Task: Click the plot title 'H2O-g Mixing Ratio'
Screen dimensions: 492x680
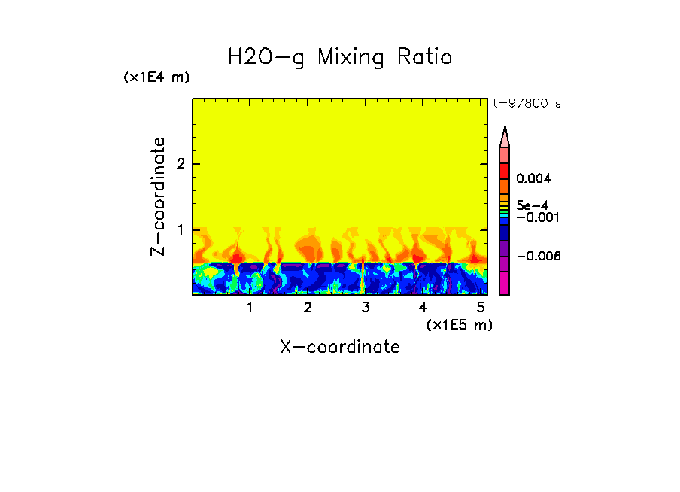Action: [x=340, y=57]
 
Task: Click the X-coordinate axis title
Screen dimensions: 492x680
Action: [x=340, y=347]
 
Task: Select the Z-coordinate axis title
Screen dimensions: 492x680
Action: [x=158, y=196]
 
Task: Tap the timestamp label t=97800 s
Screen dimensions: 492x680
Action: [x=527, y=104]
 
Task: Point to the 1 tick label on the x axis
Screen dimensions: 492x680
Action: [x=250, y=307]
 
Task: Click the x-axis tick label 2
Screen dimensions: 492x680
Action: [x=308, y=307]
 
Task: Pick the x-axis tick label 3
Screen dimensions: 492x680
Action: [x=366, y=307]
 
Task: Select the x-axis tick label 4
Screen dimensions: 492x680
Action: [x=423, y=307]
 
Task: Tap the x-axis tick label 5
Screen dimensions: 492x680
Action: [x=481, y=307]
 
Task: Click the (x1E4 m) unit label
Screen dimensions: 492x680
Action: [x=156, y=77]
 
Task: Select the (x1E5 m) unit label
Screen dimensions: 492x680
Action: [x=459, y=324]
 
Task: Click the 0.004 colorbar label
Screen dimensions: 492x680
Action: [x=533, y=179]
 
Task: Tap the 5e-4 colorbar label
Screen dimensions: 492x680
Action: [x=532, y=205]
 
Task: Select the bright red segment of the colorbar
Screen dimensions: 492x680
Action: [x=505, y=170]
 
